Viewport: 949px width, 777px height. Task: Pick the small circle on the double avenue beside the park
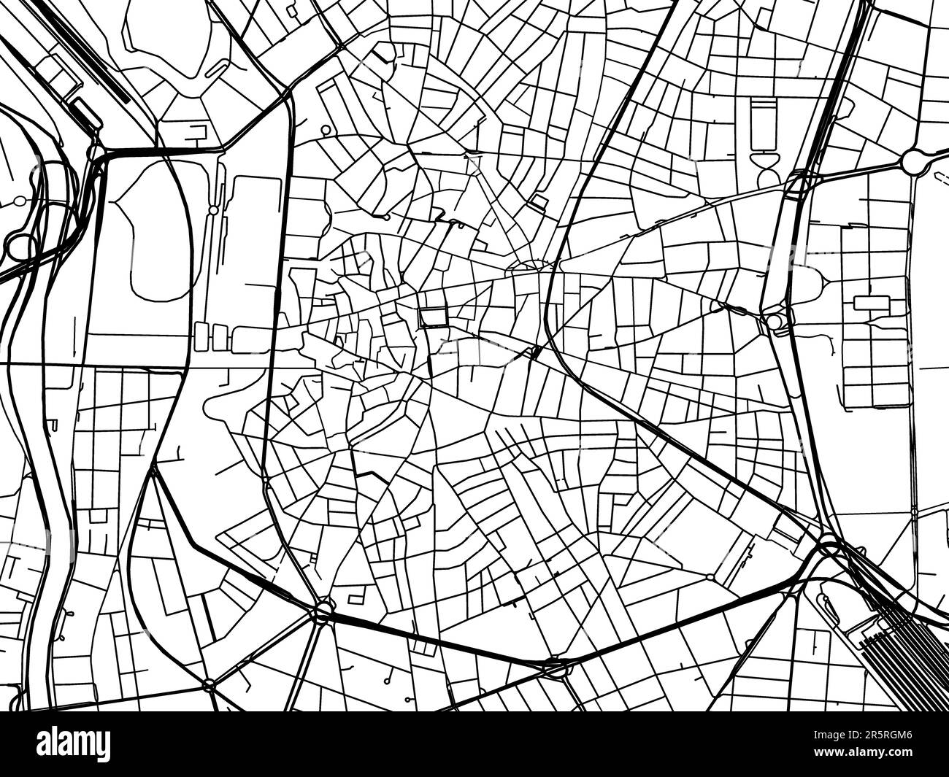(213, 210)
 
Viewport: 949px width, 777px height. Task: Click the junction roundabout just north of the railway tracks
(829, 544)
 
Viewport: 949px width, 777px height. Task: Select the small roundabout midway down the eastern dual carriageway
(774, 321)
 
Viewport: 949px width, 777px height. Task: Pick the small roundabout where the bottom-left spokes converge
(210, 684)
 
